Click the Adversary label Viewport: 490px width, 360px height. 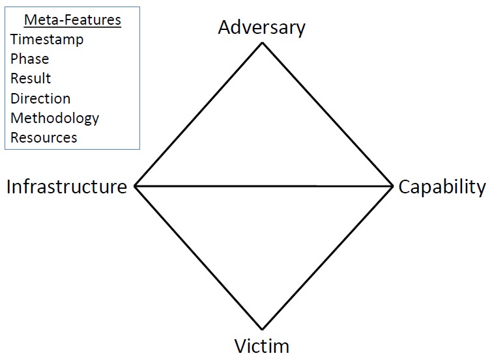tap(262, 28)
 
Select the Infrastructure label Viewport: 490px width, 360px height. tap(66, 187)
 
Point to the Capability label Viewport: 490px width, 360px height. tap(442, 187)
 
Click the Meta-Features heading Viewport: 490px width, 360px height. tap(72, 20)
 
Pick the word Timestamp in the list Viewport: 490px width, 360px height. tap(47, 40)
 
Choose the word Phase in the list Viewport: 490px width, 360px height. tap(30, 59)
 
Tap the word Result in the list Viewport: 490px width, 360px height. tap(31, 79)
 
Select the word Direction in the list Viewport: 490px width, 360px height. tap(40, 99)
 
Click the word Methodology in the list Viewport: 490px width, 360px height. tap(55, 118)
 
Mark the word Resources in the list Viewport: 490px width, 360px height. tap(44, 138)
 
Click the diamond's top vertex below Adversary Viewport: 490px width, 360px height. tap(262, 43)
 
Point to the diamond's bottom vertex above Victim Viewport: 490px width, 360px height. tap(262, 329)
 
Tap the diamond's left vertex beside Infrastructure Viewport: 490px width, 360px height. tap(135, 186)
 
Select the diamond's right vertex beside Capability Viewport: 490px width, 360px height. tap(392, 186)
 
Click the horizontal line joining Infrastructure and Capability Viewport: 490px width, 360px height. tap(263, 186)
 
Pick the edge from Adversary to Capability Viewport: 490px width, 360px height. tap(327, 115)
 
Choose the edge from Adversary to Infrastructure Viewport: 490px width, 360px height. tap(198, 115)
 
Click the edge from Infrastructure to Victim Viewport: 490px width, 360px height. tap(198, 258)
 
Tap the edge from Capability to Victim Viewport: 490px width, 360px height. tap(327, 258)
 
